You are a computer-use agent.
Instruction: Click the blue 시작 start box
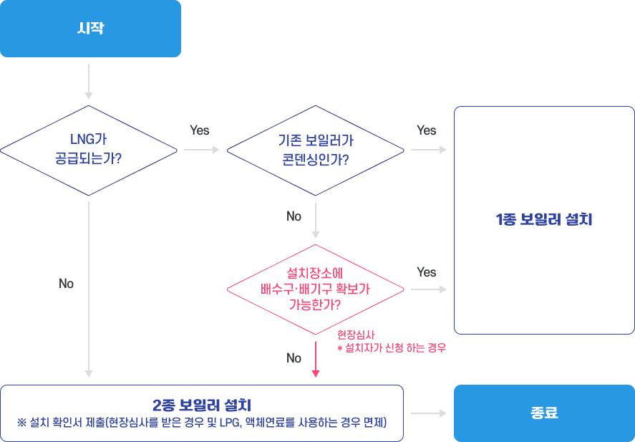[x=90, y=29]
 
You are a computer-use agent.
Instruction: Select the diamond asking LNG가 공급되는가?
[x=88, y=150]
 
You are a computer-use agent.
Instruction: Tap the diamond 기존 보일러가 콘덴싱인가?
[x=315, y=150]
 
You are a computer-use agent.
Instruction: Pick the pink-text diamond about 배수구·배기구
[x=315, y=289]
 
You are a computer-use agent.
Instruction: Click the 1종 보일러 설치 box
[x=544, y=220]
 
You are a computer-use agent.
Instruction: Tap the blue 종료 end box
[x=544, y=413]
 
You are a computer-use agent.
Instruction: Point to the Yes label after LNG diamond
[x=200, y=130]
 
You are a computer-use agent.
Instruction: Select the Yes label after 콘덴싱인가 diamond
[x=426, y=130]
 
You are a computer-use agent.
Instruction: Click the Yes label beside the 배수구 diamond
[x=426, y=272]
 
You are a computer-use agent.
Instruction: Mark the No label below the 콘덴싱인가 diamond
[x=294, y=216]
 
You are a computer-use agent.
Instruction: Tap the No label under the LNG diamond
[x=67, y=284]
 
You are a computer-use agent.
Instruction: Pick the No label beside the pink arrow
[x=294, y=358]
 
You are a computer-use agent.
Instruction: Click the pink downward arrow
[x=315, y=358]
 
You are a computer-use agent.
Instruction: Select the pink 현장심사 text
[x=356, y=335]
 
